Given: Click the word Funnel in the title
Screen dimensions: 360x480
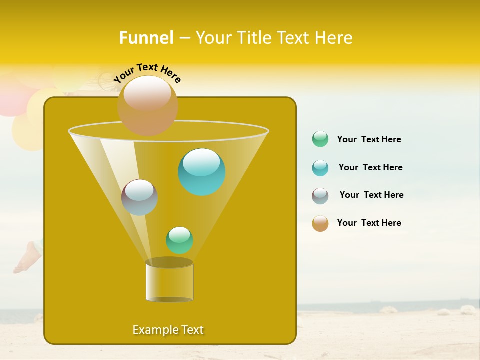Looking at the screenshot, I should coord(146,38).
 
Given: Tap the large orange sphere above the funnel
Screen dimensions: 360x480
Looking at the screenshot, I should coord(147,106).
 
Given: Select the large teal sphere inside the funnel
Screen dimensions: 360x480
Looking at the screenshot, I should coord(202,172).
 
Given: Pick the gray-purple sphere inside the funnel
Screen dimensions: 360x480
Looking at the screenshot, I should coord(139,197).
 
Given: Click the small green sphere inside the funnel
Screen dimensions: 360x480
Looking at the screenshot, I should coord(179,240).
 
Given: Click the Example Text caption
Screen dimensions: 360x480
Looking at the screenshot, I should coord(168,330).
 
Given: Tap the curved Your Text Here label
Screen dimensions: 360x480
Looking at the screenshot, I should coord(147,73).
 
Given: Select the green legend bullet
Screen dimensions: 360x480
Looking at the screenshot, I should coord(320,139).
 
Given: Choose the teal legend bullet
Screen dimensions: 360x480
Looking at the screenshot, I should coord(320,168).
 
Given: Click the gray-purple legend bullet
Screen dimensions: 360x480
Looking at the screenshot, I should coord(320,196).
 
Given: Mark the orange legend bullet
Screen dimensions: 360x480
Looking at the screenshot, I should coord(320,223).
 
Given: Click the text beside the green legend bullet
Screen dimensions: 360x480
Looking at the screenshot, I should coord(369,139).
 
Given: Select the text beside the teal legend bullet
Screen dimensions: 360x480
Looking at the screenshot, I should coord(370,167).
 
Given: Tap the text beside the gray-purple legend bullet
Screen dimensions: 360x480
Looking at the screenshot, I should coord(371,195).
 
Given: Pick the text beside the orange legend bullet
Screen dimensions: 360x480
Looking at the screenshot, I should coord(369,223).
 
